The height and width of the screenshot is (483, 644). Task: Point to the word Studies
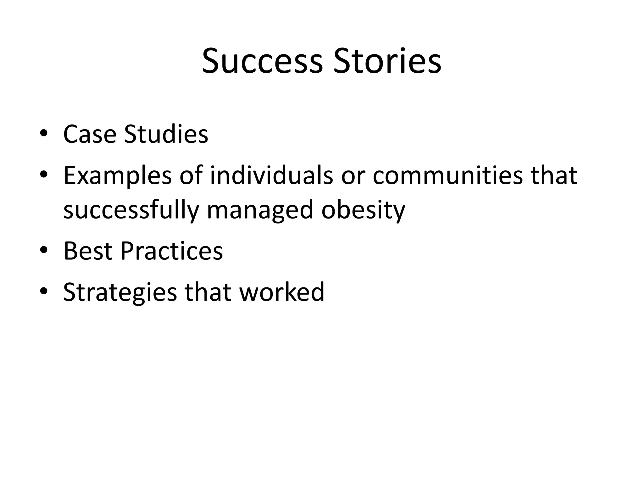[x=166, y=134]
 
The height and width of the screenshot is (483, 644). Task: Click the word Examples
[x=117, y=176]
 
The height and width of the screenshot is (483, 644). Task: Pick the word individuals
[x=271, y=175]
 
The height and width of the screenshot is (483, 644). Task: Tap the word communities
[x=447, y=175]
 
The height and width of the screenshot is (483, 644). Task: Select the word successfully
[x=131, y=210]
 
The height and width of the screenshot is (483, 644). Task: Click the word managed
[x=260, y=210]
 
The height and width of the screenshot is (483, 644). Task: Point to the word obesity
[x=363, y=210]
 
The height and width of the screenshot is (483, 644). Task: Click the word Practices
[x=171, y=251]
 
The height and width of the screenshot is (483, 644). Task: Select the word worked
[x=282, y=292]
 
